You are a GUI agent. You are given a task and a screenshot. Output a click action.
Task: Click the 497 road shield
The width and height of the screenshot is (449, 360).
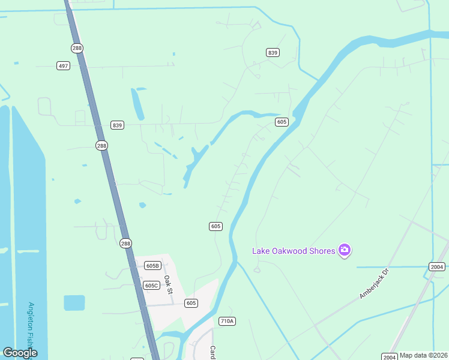(63, 65)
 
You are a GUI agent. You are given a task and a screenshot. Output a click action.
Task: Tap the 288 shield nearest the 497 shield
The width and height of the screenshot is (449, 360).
(76, 48)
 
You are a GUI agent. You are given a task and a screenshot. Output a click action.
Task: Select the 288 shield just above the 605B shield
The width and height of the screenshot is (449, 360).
(125, 243)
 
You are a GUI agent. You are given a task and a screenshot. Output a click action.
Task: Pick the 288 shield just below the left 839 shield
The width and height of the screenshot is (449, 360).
(101, 145)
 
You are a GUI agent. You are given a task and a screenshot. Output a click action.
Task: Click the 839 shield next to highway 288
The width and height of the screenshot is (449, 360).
(117, 125)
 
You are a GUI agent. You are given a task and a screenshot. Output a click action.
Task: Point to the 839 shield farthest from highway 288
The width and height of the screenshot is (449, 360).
(273, 53)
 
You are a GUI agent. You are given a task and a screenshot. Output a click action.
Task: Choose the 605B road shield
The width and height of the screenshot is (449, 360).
(152, 266)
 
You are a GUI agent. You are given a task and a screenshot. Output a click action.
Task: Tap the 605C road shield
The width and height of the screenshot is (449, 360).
(151, 285)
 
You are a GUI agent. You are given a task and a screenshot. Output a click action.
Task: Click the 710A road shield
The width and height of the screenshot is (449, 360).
(227, 321)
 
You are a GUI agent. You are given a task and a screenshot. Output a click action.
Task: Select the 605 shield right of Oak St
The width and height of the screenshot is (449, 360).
(191, 303)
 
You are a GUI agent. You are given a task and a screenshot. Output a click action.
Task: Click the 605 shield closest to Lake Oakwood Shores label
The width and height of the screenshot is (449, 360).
(216, 226)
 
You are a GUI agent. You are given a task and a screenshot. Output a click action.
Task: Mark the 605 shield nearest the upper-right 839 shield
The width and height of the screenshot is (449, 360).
(282, 122)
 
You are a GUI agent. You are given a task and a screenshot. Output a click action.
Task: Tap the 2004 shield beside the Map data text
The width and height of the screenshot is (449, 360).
(389, 356)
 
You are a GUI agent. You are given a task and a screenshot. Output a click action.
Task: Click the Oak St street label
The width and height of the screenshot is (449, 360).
(169, 284)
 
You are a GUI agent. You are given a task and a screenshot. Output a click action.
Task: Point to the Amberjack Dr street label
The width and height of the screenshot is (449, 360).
(375, 283)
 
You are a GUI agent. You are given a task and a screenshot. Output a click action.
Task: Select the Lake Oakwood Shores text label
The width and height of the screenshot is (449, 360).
(293, 250)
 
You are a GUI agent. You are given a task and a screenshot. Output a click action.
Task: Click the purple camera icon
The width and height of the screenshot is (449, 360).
(344, 250)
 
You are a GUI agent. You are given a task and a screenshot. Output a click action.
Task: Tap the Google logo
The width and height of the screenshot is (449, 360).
(20, 353)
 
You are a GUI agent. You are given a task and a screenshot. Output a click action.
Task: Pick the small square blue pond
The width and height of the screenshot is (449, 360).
(74, 303)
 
